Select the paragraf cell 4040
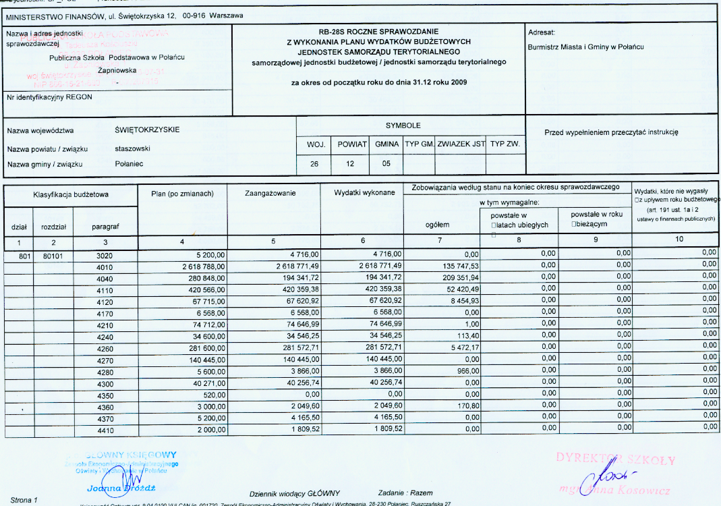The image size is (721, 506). click(x=105, y=277)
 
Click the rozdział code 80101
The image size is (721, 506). click(x=53, y=254)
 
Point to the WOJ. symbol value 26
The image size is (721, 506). click(x=314, y=163)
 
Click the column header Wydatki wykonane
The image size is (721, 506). click(x=364, y=193)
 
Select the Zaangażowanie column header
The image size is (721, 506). click(x=272, y=193)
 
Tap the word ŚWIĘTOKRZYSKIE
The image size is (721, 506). click(x=148, y=130)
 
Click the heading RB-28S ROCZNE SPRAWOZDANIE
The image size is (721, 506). click(x=378, y=32)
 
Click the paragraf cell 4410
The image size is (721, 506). click(x=105, y=429)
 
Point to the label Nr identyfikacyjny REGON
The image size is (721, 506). click(x=49, y=96)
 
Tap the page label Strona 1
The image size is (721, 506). click(x=23, y=500)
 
